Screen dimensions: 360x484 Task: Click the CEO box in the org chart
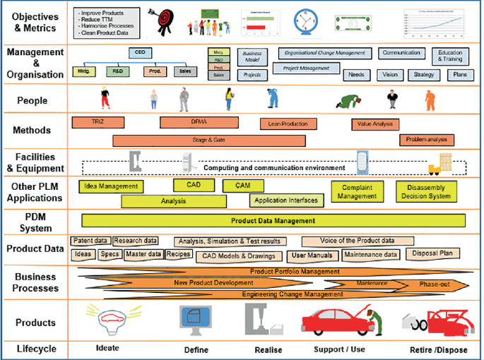tap(139, 53)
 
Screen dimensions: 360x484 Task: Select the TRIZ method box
tap(98, 122)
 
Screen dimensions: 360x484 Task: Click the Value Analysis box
tap(374, 124)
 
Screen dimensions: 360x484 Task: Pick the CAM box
tap(243, 186)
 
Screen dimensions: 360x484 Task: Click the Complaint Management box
tap(357, 191)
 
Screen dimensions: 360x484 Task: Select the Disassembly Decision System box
tap(428, 191)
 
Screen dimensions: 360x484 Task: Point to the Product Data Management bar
tap(273, 221)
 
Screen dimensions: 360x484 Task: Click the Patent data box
tap(90, 241)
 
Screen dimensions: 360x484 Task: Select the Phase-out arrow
tap(431, 284)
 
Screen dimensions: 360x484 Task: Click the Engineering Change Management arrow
tap(292, 294)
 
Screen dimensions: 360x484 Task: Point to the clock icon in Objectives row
tap(306, 23)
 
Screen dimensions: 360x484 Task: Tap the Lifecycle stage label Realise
tap(268, 350)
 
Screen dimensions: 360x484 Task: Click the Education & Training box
tap(450, 56)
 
